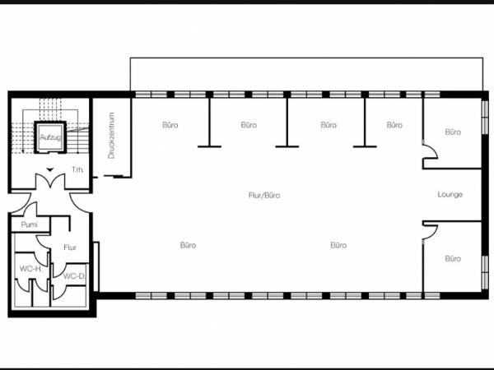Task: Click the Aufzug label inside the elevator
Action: click(50, 137)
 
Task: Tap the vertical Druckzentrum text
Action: click(111, 136)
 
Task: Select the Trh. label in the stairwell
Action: click(78, 170)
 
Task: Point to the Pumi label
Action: click(29, 224)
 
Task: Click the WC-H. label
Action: click(30, 269)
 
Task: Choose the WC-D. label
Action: click(74, 276)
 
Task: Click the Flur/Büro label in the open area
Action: click(264, 196)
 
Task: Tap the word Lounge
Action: click(450, 194)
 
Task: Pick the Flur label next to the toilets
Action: click(70, 247)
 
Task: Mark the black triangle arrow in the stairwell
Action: click(50, 170)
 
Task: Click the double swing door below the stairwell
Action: click(50, 181)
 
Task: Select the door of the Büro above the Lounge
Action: click(430, 152)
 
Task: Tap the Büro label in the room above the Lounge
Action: click(453, 132)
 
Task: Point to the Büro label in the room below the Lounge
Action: click(453, 259)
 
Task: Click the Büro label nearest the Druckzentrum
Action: click(170, 125)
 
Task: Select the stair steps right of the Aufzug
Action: click(78, 141)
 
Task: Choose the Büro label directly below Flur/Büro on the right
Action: click(338, 245)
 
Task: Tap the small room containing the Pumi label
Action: click(30, 224)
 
